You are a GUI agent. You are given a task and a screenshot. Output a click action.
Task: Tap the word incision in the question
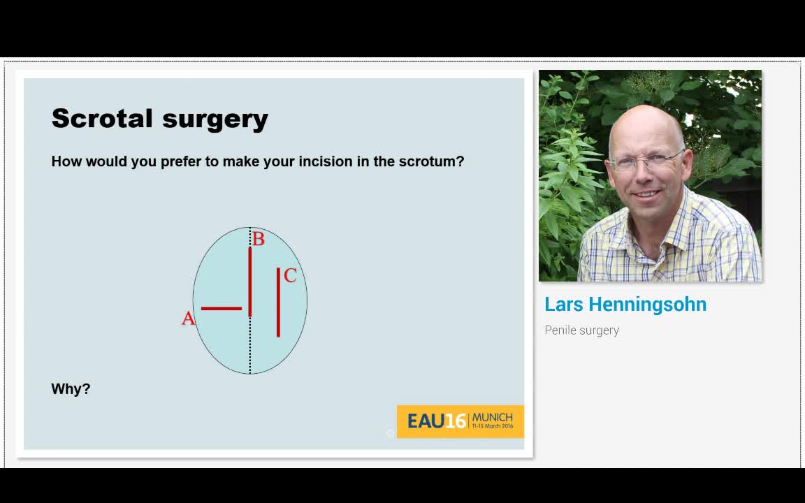pos(324,161)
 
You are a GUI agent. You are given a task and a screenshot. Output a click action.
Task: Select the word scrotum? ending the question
pos(431,161)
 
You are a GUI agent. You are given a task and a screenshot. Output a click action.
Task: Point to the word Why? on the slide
pos(71,389)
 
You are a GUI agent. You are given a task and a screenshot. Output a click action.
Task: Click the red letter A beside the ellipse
pos(187,319)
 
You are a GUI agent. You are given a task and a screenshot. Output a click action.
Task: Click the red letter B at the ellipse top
pos(259,240)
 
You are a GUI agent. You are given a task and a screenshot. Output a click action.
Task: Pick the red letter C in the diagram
pos(290,276)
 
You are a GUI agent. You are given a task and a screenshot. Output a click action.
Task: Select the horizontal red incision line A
pos(221,308)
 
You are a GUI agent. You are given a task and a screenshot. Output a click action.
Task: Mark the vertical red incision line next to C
pos(278,302)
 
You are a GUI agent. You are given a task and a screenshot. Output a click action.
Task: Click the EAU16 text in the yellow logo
pos(436,421)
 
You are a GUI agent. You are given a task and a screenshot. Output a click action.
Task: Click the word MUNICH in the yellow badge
pos(492,417)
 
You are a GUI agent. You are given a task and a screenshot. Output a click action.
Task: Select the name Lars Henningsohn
pos(625,305)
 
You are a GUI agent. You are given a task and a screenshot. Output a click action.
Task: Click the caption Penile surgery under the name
pos(581,330)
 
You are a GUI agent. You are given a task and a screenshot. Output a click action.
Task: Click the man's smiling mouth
pos(646,194)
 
